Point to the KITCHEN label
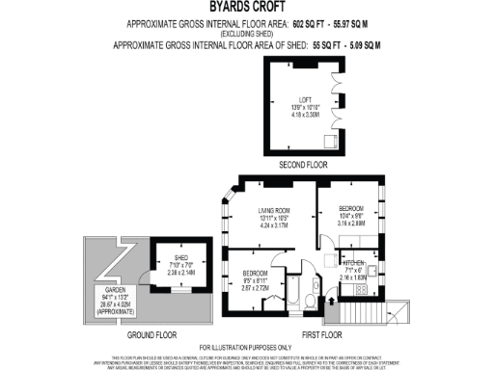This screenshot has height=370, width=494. tap(355, 262)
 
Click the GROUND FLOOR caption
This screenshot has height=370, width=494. tap(151, 334)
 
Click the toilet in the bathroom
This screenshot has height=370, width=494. tap(309, 300)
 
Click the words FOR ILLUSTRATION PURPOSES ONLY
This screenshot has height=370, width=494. tap(246, 347)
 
